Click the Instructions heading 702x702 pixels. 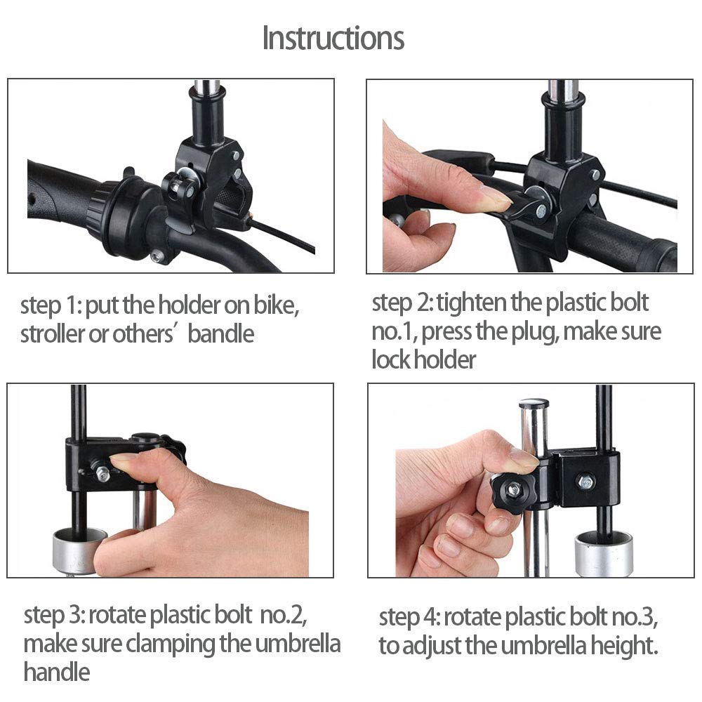pyautogui.click(x=333, y=38)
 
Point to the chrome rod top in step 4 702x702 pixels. pyautogui.click(x=534, y=406)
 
